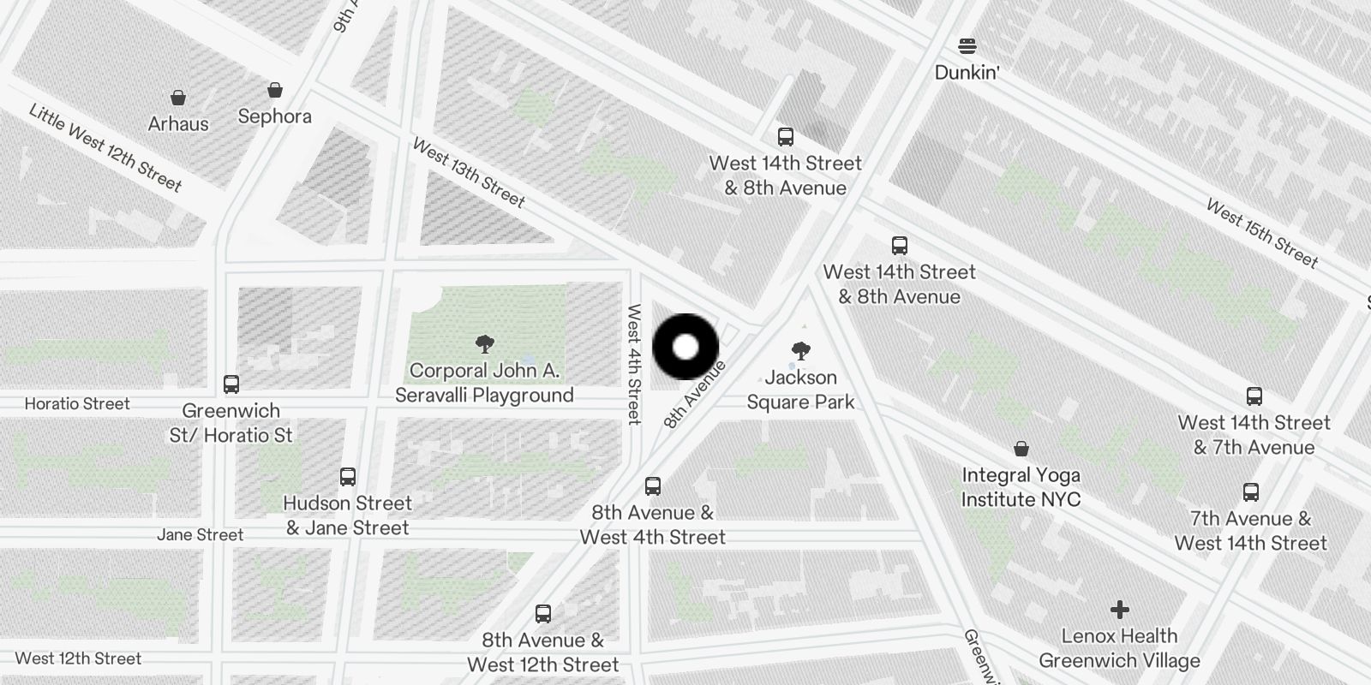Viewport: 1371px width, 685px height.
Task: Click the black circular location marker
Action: (x=685, y=347)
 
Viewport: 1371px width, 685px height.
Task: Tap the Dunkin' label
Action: (x=967, y=72)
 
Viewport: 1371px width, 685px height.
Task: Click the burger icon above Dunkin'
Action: (x=967, y=45)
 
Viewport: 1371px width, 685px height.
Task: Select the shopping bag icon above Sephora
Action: (x=275, y=90)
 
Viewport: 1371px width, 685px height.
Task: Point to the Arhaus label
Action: (x=178, y=124)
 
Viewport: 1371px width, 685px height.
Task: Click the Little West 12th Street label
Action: (x=105, y=147)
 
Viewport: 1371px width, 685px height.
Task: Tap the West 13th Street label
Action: (x=469, y=173)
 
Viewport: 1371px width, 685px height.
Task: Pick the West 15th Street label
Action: (x=1261, y=233)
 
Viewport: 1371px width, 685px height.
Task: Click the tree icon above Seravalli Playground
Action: (x=484, y=344)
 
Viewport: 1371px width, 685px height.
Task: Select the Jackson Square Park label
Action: (x=800, y=390)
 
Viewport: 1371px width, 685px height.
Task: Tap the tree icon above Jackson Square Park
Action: (x=801, y=350)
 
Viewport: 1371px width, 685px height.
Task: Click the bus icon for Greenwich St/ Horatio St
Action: (x=231, y=384)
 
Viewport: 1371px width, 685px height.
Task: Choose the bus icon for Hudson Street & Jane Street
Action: (x=348, y=477)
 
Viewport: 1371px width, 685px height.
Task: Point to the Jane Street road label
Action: (x=201, y=535)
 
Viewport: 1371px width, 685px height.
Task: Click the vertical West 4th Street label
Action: (x=634, y=364)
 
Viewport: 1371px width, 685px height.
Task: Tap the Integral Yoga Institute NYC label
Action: (x=1021, y=487)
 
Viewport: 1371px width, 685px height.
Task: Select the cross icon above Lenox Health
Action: (x=1119, y=610)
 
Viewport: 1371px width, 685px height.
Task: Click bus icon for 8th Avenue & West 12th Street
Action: (x=543, y=614)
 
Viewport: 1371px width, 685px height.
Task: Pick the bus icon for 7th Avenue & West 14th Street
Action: (x=1251, y=492)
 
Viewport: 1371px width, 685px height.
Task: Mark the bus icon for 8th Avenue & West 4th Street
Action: (x=653, y=486)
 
